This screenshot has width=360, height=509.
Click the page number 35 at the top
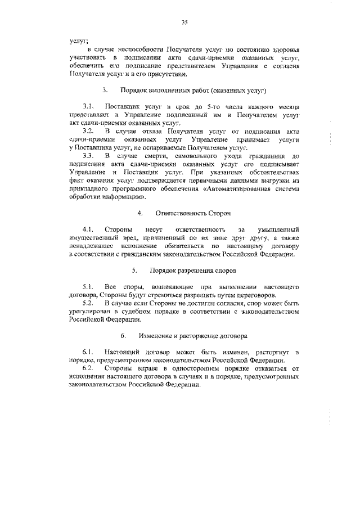tap(183, 22)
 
